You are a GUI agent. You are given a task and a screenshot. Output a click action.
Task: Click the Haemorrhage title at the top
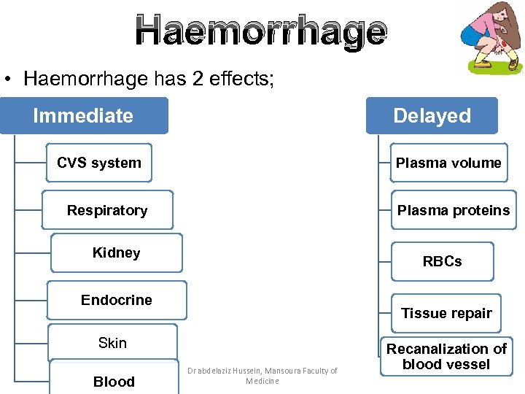261,32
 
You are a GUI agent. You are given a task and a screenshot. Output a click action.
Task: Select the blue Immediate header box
83,116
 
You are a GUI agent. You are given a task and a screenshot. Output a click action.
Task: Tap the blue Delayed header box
432,116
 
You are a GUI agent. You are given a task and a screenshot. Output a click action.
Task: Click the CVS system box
98,163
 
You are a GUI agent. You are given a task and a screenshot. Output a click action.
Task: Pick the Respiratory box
107,210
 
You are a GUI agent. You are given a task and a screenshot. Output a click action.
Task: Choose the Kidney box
117,253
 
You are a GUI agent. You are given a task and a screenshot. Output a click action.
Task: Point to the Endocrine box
117,300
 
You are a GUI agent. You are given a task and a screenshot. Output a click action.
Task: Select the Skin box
112,343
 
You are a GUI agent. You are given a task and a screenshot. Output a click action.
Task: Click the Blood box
114,381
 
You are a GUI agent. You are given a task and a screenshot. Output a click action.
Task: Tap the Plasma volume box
448,163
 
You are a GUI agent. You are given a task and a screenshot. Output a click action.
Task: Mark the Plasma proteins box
453,210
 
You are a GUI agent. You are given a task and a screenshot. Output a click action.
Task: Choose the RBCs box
442,261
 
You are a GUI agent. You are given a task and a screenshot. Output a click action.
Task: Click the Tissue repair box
446,313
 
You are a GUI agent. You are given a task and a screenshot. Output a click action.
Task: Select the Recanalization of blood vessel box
446,357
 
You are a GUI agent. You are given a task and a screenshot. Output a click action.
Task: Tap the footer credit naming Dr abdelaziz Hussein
262,376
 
